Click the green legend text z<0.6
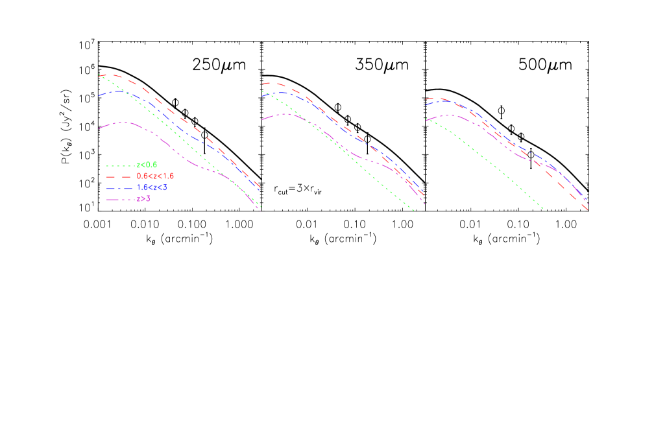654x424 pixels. [x=147, y=165]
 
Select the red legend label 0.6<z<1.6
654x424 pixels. [x=155, y=176]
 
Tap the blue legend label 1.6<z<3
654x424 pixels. [x=152, y=187]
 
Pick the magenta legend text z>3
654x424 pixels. [x=143, y=198]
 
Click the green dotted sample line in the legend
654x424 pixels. [x=121, y=165]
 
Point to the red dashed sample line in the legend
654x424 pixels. [x=121, y=176]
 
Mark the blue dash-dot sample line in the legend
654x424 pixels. [x=121, y=187]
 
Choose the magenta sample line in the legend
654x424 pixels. [x=121, y=198]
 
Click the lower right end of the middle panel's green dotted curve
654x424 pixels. [x=413, y=210]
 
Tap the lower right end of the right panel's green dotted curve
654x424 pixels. [x=546, y=211]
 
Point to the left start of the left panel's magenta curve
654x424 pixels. [x=99, y=129]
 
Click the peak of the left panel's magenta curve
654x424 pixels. [x=123, y=122]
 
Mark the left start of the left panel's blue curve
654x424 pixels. [x=99, y=96]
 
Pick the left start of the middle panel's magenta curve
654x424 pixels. [x=262, y=119]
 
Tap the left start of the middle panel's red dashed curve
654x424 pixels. [x=262, y=84]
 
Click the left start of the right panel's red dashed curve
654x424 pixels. [x=426, y=99]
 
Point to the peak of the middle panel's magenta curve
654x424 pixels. [x=285, y=113]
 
